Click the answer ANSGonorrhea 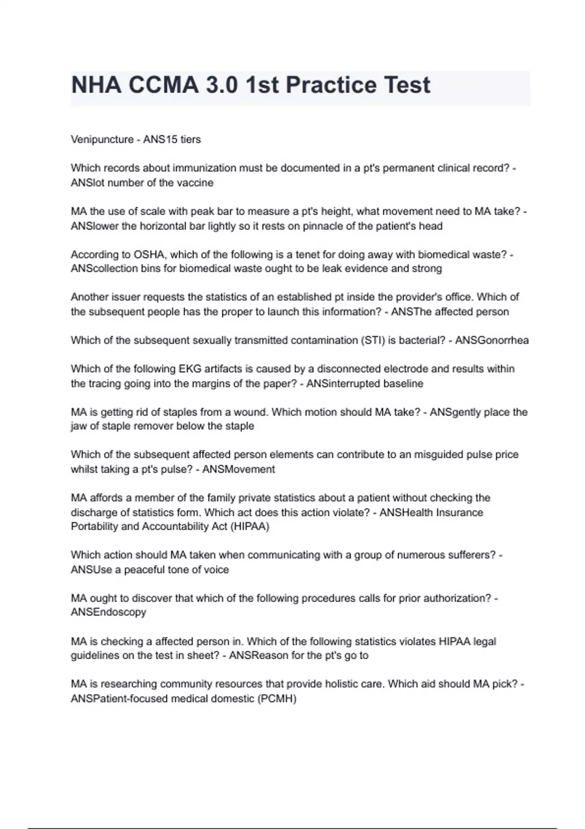click(x=491, y=340)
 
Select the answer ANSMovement click(x=238, y=470)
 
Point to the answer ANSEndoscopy click(x=108, y=612)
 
